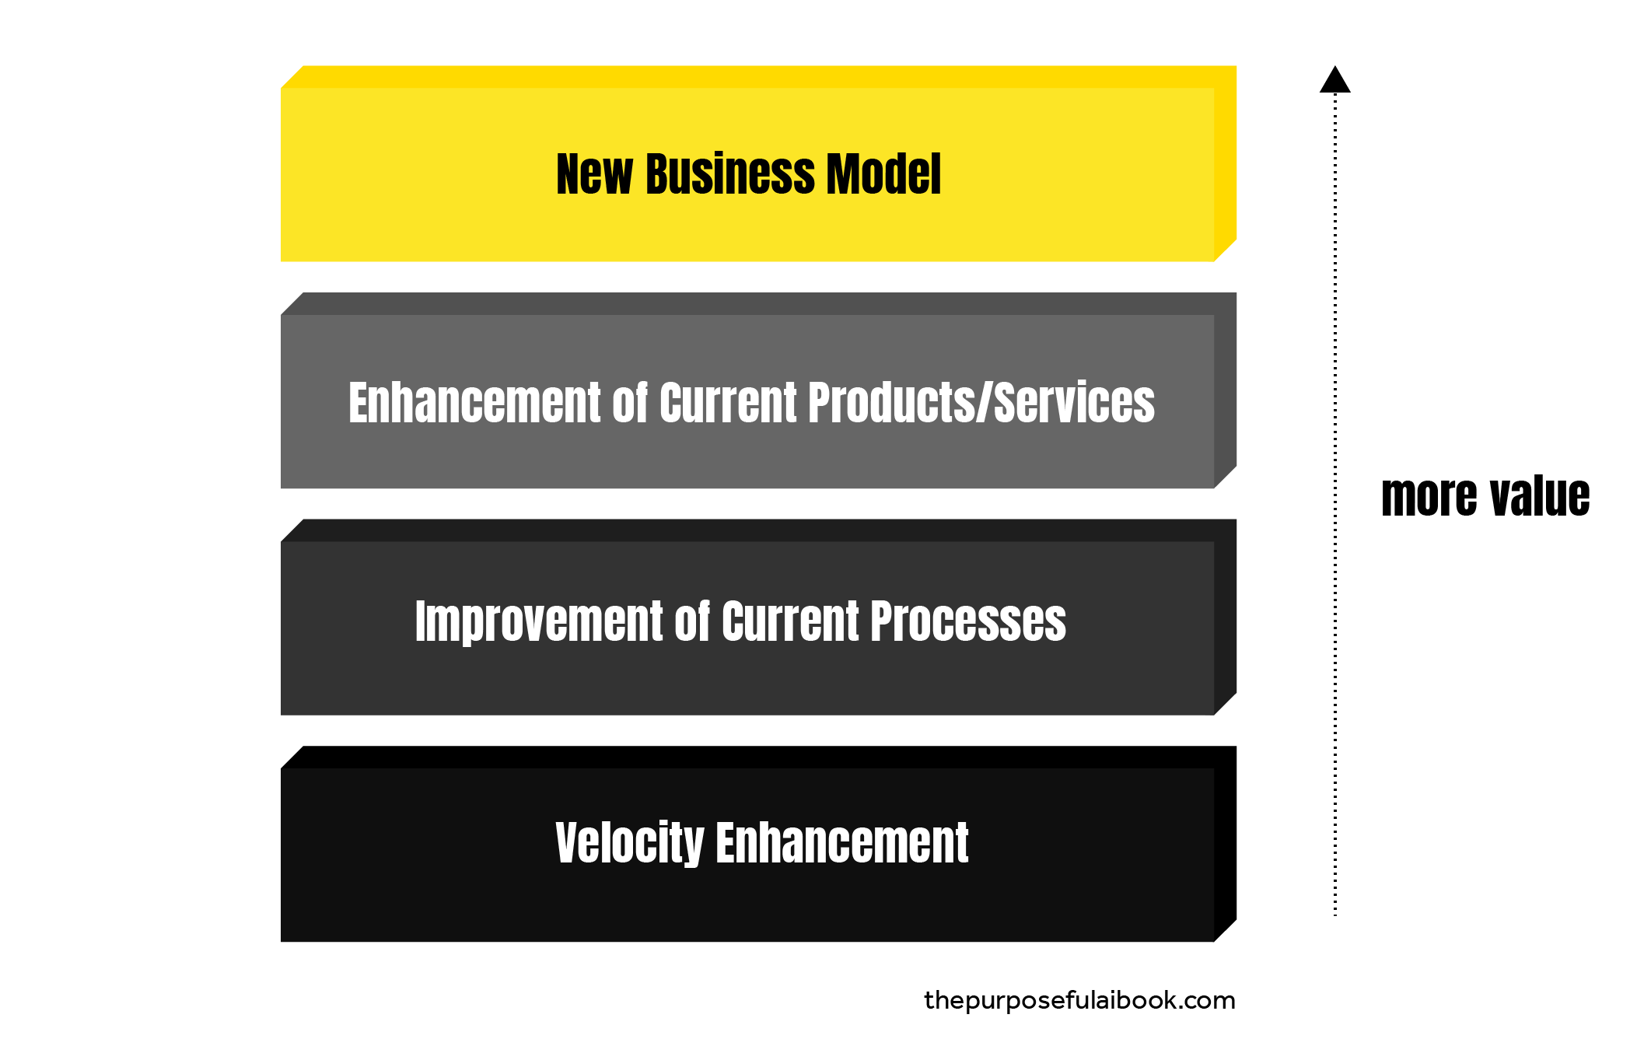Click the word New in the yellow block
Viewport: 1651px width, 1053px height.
[594, 174]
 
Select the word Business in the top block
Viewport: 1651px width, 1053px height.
[729, 174]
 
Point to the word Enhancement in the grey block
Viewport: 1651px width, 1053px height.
[474, 403]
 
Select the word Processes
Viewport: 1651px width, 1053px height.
[968, 622]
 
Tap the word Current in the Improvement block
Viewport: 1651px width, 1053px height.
[790, 622]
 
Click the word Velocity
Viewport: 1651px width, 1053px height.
[629, 843]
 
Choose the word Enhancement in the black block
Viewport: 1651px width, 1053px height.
[841, 843]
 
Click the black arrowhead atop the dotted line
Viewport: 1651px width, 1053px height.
[1335, 81]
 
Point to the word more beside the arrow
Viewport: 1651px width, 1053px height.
[1429, 497]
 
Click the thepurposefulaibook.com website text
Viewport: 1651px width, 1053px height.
[1079, 1000]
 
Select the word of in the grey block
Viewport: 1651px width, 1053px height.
[630, 403]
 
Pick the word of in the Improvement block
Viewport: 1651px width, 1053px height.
[692, 622]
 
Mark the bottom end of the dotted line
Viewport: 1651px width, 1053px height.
[1335, 914]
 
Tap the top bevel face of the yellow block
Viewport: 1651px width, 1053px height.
[758, 77]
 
